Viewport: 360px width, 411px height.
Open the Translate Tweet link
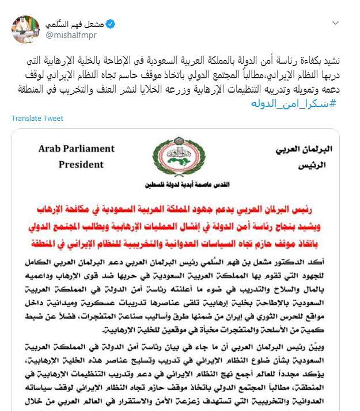coord(37,118)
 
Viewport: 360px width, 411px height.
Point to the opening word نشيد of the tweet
coord(335,60)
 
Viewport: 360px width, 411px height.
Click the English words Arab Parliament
coord(76,149)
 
